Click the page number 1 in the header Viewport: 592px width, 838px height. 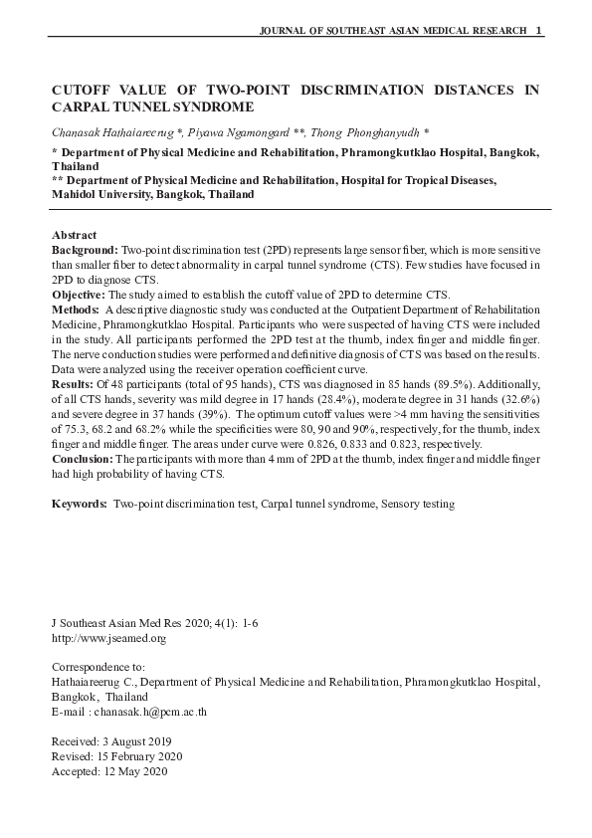pyautogui.click(x=538, y=31)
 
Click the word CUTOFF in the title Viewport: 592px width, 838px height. pyautogui.click(x=83, y=90)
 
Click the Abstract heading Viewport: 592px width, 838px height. pyautogui.click(x=74, y=234)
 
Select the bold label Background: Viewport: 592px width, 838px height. pyautogui.click(x=85, y=249)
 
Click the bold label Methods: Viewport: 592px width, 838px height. pyautogui.click(x=76, y=310)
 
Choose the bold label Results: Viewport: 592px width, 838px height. pyautogui.click(x=73, y=383)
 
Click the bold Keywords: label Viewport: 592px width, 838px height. pyautogui.click(x=80, y=505)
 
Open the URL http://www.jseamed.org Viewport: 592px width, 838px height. pyautogui.click(x=108, y=638)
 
